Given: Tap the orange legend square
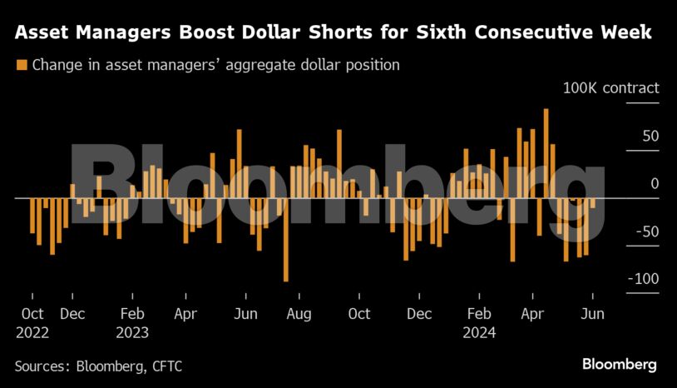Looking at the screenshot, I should [22, 64].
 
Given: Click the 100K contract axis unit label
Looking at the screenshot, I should [610, 87].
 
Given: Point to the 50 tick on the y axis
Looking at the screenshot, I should [650, 136].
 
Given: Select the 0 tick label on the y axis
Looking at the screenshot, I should [655, 183].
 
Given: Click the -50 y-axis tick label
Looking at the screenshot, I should [647, 231].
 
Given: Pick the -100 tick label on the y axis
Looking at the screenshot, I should [643, 278].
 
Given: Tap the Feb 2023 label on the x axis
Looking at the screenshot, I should [132, 322].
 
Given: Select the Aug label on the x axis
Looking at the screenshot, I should [299, 314].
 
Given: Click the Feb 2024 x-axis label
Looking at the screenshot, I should [479, 322].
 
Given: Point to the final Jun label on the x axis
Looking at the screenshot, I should [592, 314].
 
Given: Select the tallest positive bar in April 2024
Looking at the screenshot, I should [546, 153].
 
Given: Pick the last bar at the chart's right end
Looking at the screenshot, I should [593, 203].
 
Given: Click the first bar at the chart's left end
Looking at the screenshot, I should [32, 216].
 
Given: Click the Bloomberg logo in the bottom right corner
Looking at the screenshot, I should [619, 365].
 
